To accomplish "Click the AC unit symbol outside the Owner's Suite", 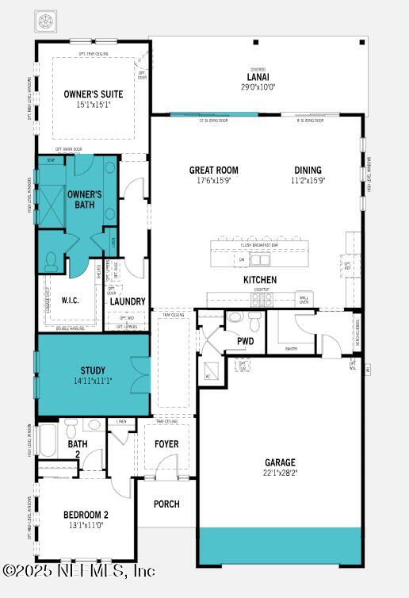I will (x=45, y=18).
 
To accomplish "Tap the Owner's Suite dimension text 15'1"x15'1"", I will (x=94, y=105).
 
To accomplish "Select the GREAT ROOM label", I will (x=213, y=170).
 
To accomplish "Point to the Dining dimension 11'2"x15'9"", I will (x=308, y=181).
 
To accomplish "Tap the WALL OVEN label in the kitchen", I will (x=304, y=300).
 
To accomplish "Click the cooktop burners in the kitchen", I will (x=262, y=301).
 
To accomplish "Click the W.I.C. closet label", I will (x=60, y=301).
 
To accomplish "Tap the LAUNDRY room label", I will (x=127, y=301).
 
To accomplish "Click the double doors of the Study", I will (x=140, y=374).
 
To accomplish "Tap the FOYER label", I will (x=166, y=444).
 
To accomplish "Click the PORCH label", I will (x=166, y=504).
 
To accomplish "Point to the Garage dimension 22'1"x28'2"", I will (x=280, y=473).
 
